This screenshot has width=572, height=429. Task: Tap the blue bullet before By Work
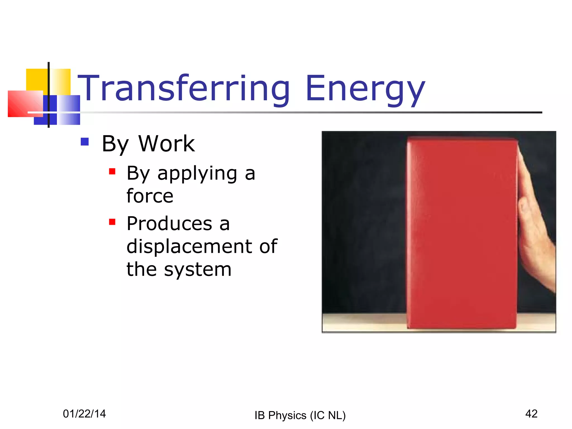coord(85,142)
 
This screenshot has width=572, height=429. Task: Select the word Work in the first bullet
coord(166,144)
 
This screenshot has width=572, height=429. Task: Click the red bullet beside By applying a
coord(112,171)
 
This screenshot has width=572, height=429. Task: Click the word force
coord(150,196)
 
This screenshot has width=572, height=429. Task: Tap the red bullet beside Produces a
coord(112,222)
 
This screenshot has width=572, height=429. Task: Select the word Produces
coord(169,224)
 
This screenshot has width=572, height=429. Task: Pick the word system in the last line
coord(197,270)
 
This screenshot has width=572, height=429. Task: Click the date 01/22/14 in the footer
coord(84,414)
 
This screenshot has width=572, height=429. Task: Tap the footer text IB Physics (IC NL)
coord(300,415)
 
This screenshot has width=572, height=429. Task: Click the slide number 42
coord(531,414)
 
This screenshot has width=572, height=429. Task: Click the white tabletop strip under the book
coord(363,323)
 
